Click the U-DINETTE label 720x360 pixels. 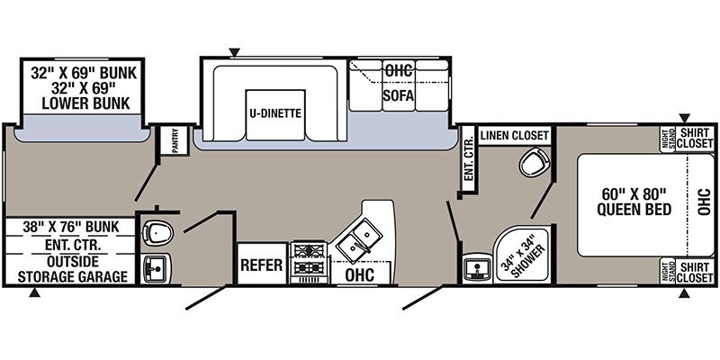(274, 113)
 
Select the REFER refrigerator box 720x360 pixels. (262, 266)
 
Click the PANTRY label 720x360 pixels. (169, 142)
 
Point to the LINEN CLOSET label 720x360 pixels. (514, 135)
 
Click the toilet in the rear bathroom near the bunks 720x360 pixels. (158, 233)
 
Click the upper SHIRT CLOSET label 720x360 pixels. (695, 138)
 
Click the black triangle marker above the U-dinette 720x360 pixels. (234, 51)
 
